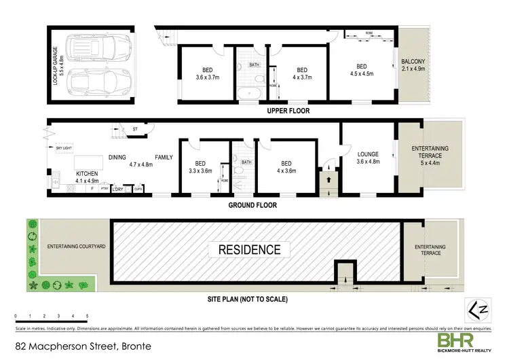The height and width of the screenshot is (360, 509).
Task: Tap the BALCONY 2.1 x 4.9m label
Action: [x=413, y=64]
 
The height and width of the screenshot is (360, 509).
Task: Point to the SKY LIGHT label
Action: [x=64, y=147]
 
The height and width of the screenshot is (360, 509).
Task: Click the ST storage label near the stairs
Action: [x=135, y=128]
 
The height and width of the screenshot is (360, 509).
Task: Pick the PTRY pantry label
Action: [x=103, y=189]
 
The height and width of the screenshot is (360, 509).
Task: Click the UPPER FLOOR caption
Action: [x=288, y=110]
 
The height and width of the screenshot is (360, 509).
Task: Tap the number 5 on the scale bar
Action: [x=88, y=317]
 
